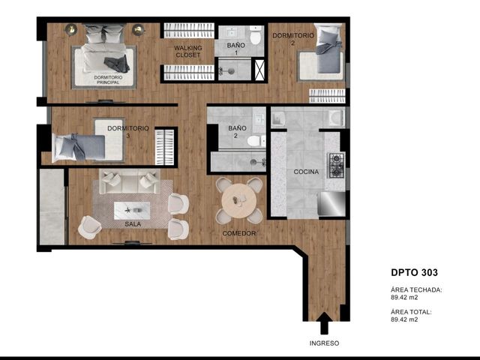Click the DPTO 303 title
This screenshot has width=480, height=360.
(x=414, y=272)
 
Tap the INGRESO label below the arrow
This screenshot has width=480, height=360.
(x=324, y=343)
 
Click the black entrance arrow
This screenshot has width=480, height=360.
(x=324, y=323)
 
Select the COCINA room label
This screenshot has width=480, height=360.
(x=306, y=172)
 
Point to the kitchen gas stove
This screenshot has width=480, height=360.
(x=337, y=166)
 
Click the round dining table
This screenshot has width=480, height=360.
(x=239, y=201)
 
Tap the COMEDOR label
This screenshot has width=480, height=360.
(x=239, y=233)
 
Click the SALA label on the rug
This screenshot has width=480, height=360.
(x=133, y=224)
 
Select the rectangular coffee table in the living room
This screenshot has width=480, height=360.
(x=132, y=210)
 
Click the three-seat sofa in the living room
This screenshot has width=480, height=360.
(x=130, y=181)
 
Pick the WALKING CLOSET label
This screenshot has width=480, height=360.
(x=188, y=52)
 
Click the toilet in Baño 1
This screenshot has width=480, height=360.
(x=255, y=35)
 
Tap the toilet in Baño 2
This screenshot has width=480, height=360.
(x=256, y=141)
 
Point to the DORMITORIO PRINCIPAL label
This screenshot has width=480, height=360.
(x=108, y=80)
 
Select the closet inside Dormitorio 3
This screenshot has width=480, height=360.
(x=164, y=147)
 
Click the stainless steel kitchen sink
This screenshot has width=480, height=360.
(x=331, y=203)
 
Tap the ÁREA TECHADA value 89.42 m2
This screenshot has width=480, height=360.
(x=404, y=297)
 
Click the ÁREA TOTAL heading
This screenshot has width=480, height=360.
(x=411, y=312)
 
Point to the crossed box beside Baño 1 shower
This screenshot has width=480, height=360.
(x=259, y=70)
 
